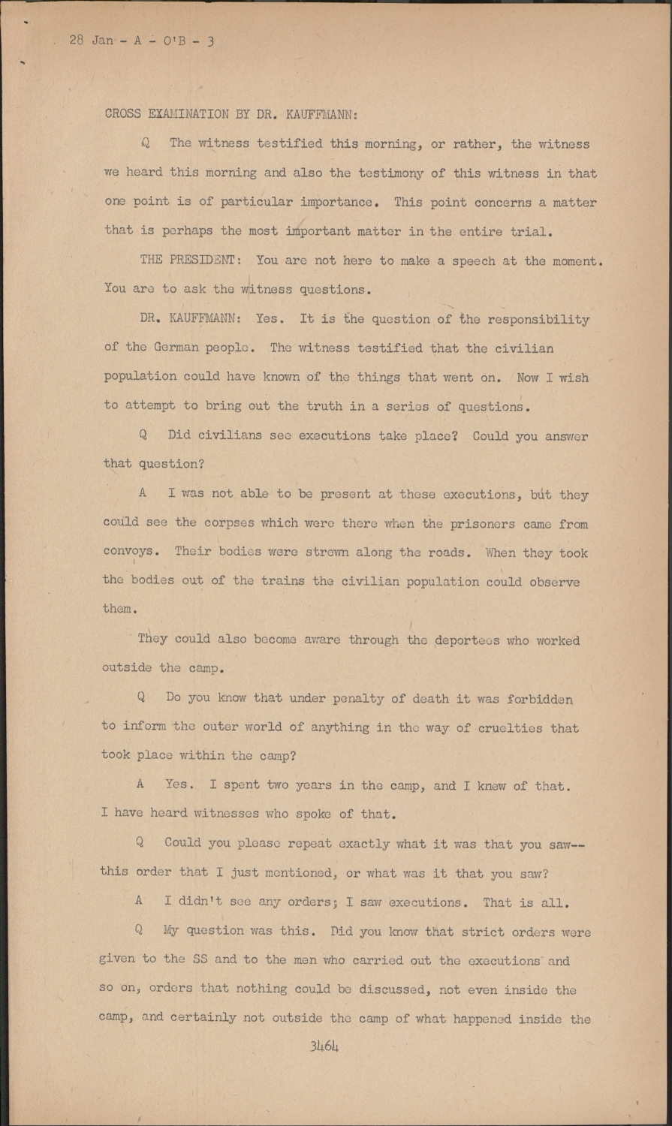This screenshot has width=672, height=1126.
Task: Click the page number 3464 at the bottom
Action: click(x=324, y=1046)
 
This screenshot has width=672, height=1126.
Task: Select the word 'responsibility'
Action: click(x=538, y=319)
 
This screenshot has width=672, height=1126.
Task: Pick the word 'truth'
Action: click(x=325, y=406)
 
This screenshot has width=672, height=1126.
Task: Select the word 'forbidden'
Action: click(x=539, y=699)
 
